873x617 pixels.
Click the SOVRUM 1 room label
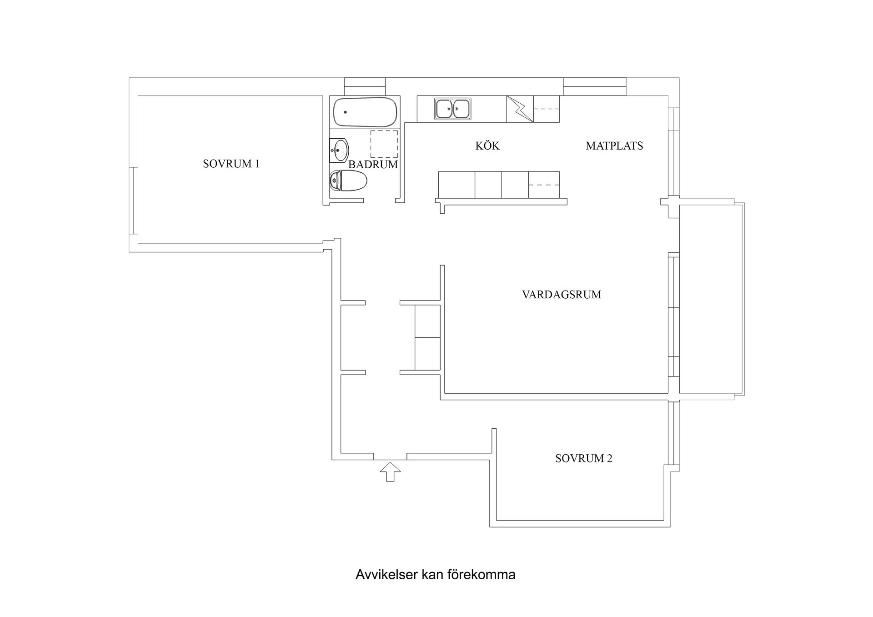coord(231,164)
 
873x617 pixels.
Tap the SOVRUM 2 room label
coord(583,458)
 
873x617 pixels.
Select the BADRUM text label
coord(373,165)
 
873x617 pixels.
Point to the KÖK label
coord(487,146)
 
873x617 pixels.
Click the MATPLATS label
coord(614,146)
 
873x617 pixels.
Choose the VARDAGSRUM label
coord(561,295)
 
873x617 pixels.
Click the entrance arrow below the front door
coord(390,472)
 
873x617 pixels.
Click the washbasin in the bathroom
coord(339,150)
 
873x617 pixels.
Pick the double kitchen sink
coord(452,109)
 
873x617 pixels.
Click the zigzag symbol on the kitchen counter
coord(520,109)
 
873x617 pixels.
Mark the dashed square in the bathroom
coord(384,144)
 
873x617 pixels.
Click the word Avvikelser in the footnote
coord(386,575)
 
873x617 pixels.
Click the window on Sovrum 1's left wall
coord(133,201)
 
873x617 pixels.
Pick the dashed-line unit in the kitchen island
coord(544,185)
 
